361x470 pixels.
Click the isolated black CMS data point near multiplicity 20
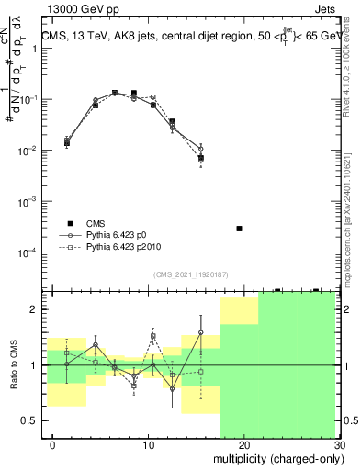(239, 228)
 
